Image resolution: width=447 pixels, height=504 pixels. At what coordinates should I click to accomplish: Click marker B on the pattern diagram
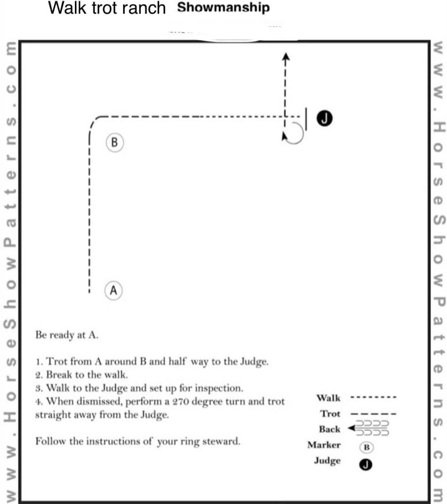(x=114, y=143)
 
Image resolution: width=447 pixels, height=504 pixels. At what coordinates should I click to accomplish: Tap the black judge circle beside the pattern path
(x=326, y=118)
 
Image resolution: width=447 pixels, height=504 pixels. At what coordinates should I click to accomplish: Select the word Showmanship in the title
(x=223, y=8)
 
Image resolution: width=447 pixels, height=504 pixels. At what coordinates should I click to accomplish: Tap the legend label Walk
(x=328, y=398)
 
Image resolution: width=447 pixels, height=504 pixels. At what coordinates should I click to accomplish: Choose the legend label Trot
(x=330, y=413)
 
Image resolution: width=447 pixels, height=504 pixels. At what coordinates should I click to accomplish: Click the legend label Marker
(x=324, y=445)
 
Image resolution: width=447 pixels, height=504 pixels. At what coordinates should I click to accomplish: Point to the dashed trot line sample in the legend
(x=373, y=414)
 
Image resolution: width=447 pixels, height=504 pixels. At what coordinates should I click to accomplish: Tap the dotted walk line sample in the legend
(x=373, y=397)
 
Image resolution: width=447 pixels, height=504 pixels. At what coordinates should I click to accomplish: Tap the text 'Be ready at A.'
(x=67, y=335)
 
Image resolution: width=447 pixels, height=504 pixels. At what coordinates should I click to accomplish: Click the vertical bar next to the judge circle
(x=306, y=119)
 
